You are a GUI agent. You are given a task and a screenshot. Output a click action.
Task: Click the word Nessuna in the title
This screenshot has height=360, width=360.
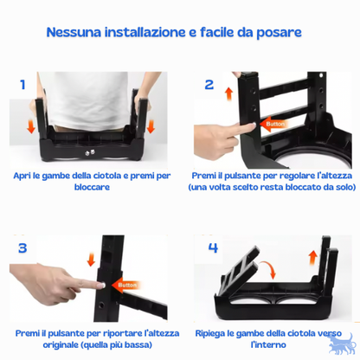(74, 32)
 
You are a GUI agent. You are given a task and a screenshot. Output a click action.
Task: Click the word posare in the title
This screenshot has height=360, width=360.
(279, 33)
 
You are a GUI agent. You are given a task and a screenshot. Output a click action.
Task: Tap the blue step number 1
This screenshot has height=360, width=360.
(22, 85)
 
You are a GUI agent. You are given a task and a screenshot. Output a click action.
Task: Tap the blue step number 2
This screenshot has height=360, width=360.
(209, 85)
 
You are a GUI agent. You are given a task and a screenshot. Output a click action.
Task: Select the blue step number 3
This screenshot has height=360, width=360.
(22, 248)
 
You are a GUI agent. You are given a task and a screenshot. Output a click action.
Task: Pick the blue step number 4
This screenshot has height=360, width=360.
(213, 247)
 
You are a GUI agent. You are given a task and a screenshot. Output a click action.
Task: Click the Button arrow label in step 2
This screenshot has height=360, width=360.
(273, 124)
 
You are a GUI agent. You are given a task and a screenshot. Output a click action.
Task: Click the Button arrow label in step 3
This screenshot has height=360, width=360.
(125, 286)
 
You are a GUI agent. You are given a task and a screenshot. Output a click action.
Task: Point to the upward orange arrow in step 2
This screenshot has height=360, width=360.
(229, 93)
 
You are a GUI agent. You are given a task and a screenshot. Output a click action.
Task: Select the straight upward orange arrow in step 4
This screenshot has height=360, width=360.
(312, 258)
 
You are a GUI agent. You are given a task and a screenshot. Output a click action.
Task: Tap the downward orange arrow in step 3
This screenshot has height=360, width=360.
(91, 260)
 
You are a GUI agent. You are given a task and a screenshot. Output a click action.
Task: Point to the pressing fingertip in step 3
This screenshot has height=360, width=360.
(102, 286)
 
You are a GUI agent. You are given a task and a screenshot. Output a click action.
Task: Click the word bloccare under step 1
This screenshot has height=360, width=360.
(92, 187)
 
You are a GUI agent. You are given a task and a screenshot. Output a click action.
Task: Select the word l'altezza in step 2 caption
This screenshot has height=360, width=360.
(334, 176)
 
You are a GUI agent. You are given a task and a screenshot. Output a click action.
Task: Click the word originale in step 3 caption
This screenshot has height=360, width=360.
(61, 345)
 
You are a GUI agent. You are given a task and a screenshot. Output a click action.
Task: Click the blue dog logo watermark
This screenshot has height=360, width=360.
(341, 344)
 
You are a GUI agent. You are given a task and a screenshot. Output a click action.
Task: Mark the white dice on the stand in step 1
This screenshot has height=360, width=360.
(90, 153)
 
